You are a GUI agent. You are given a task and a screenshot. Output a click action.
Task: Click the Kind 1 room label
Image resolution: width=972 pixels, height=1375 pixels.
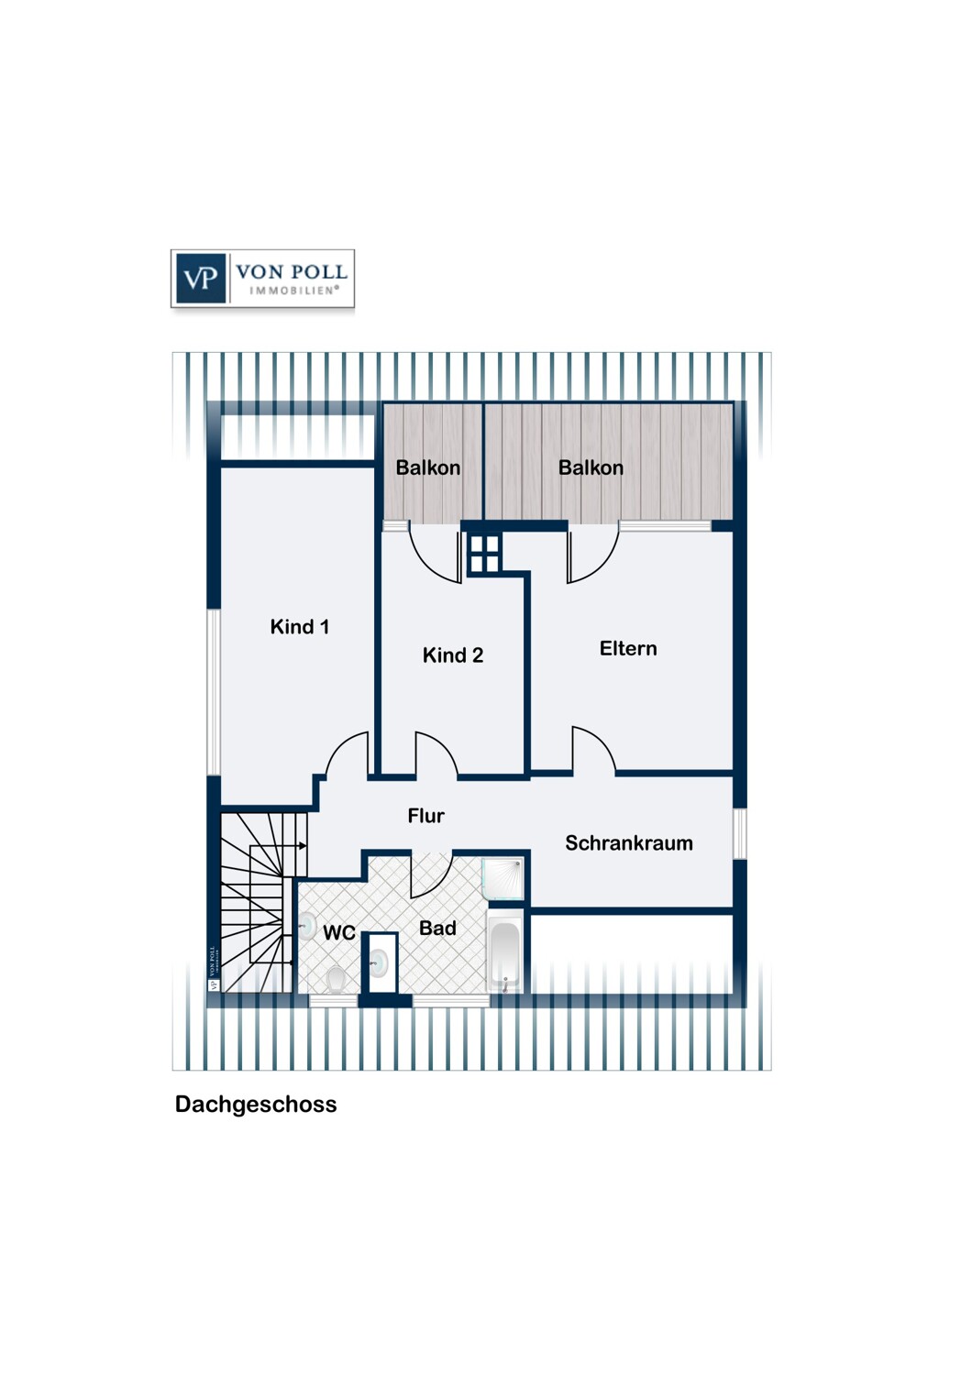pos(300,627)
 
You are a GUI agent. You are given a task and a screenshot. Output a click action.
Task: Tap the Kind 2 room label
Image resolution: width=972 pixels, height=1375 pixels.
pos(453,655)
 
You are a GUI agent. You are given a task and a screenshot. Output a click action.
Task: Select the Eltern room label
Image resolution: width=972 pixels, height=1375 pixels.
pos(628,648)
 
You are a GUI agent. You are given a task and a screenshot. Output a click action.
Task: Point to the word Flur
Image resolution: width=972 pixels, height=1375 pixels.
pos(426,816)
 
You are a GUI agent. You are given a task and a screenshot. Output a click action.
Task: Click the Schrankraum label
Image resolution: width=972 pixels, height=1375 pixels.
pos(629,842)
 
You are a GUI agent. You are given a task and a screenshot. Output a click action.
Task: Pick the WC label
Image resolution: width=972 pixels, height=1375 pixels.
pos(339,932)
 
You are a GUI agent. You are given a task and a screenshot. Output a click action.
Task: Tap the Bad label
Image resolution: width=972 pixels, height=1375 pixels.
pos(437,928)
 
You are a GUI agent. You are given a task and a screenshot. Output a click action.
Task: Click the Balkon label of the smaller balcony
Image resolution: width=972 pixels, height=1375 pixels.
pos(428,467)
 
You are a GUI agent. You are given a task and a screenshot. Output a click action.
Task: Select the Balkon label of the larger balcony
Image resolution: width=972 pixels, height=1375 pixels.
pos(591,467)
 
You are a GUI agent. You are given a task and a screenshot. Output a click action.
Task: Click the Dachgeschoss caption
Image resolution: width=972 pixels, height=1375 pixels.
pos(256,1105)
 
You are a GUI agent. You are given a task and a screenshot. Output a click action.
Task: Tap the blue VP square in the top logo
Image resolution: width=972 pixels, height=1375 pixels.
pos(201,279)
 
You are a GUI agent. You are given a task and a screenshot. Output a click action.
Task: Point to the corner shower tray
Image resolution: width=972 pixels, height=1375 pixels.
pos(503,879)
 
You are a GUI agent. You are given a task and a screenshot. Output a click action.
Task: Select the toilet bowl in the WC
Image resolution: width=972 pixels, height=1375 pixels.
pos(336,980)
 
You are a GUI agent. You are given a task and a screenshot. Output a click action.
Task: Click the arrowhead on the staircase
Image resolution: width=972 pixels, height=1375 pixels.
pos(303,846)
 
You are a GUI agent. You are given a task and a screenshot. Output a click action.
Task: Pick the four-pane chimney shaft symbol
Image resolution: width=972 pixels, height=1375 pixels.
pos(484,553)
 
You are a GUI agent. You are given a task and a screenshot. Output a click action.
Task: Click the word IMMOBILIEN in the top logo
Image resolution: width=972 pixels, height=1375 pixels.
pos(293,291)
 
